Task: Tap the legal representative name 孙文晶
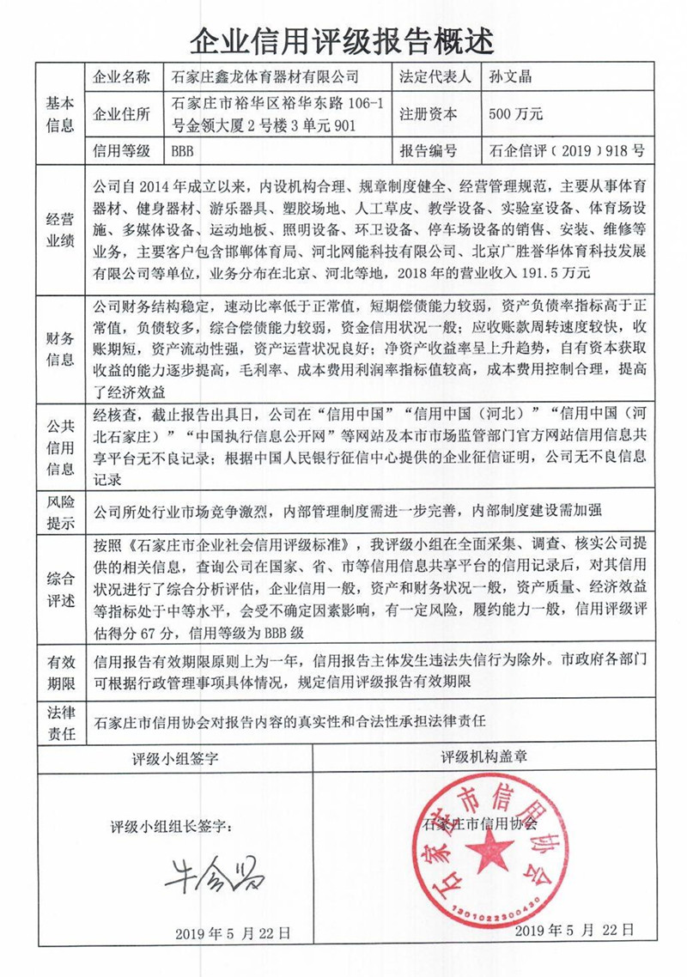[x=511, y=77]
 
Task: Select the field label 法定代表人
[x=435, y=77]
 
